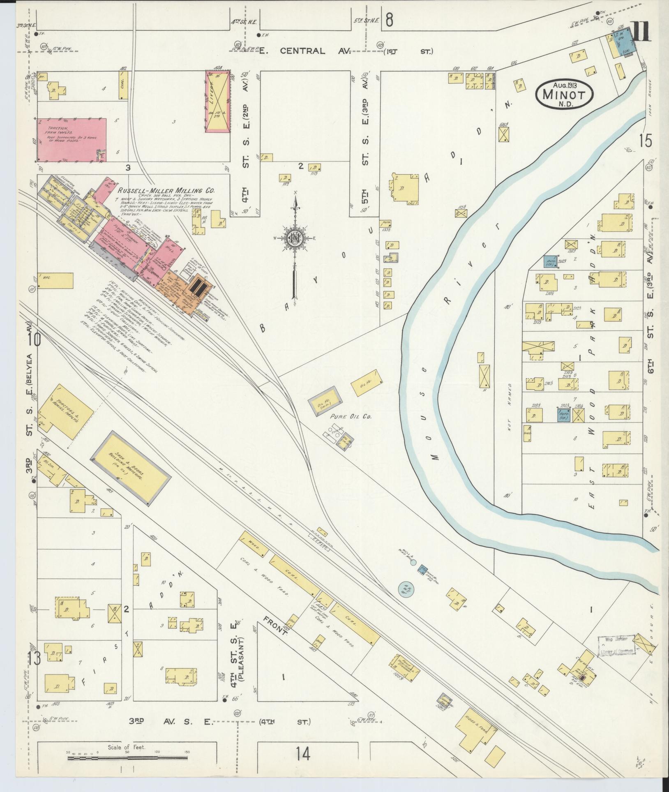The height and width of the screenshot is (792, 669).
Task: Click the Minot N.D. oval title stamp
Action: tap(564, 95)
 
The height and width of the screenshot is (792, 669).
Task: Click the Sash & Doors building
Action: tap(131, 468)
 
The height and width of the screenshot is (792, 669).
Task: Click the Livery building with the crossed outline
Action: tap(217, 101)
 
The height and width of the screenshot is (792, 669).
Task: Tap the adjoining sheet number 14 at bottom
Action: tap(302, 754)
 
